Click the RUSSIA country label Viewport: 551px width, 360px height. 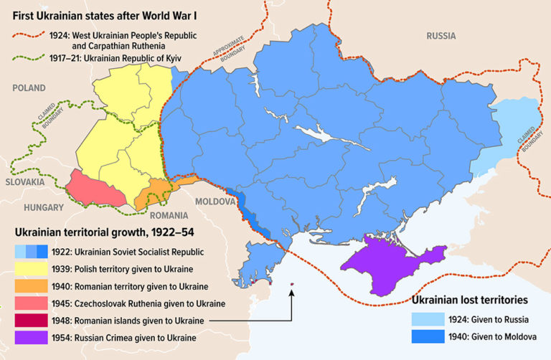[x=441, y=35]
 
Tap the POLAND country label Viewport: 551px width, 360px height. [x=29, y=88]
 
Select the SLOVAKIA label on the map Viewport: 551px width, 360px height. [x=23, y=182]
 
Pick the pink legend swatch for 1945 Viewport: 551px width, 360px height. [x=31, y=303]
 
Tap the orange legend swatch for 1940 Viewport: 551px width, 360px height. [x=31, y=285]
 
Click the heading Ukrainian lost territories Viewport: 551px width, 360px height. [x=474, y=300]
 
